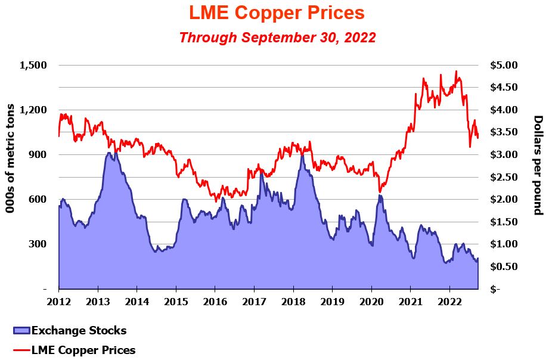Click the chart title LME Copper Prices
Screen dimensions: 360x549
tap(277, 13)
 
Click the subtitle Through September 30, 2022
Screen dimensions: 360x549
tap(277, 38)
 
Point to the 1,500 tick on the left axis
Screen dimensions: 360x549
tap(33, 65)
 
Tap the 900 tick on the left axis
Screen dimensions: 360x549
tap(38, 154)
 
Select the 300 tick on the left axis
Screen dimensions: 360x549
tap(38, 244)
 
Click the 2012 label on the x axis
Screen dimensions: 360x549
tap(59, 301)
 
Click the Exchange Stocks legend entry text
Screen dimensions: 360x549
tap(79, 330)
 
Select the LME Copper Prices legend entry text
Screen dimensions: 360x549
tap(83, 350)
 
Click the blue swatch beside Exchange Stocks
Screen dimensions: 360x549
tap(21, 330)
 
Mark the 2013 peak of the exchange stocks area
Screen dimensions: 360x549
tap(109, 153)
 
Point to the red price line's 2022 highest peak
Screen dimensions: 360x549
tap(456, 72)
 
